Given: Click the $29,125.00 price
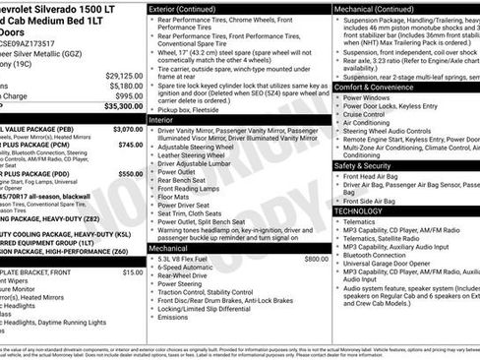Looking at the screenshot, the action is click(x=124, y=75).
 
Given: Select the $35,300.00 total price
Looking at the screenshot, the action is click(x=124, y=106).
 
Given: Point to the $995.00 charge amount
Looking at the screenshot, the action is click(x=128, y=96).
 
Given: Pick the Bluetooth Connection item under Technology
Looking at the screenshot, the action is click(x=379, y=255).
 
